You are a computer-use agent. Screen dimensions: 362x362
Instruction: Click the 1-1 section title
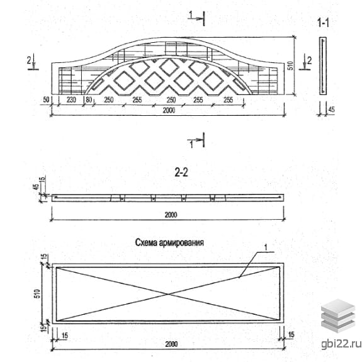point(323,23)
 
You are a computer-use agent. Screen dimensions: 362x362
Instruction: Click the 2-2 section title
point(181,173)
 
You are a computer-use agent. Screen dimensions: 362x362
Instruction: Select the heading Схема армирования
point(169,242)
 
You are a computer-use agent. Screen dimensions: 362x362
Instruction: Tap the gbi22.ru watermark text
point(341,344)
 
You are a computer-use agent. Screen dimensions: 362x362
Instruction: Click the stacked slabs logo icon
point(338,315)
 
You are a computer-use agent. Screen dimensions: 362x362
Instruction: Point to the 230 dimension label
point(71,99)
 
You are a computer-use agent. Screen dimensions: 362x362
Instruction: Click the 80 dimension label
point(89,99)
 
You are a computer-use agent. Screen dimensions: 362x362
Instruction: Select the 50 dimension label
point(46,99)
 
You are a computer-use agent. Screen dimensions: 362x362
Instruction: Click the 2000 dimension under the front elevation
point(169,110)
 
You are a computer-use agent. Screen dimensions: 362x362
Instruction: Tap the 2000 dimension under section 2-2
point(171,215)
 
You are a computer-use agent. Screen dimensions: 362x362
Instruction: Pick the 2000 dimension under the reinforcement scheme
point(171,344)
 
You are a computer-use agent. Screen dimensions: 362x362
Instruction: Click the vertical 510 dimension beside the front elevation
point(291,65)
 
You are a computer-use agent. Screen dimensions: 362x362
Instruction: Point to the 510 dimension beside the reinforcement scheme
point(37,293)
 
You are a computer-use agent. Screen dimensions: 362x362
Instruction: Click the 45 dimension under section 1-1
point(331,109)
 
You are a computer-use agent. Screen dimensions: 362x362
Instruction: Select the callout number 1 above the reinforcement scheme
point(266,247)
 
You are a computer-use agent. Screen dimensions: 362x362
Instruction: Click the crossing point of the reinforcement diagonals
point(168,294)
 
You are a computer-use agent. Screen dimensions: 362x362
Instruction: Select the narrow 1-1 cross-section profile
point(323,66)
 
